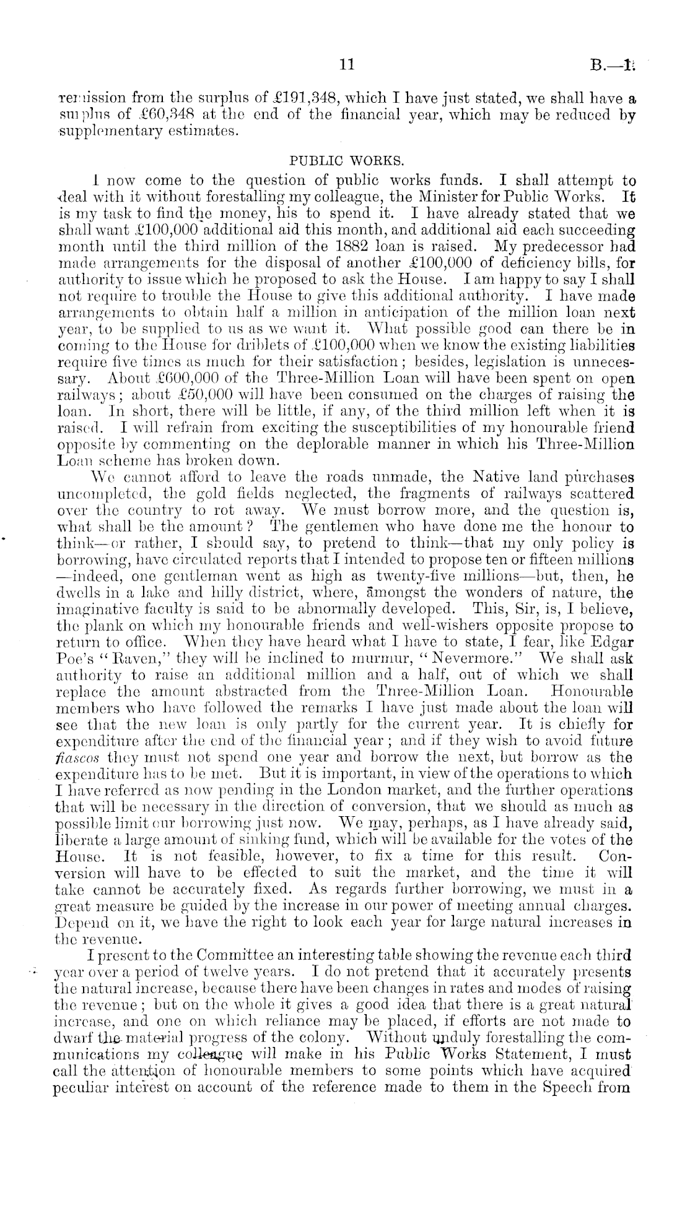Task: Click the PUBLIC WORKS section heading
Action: [347, 161]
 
